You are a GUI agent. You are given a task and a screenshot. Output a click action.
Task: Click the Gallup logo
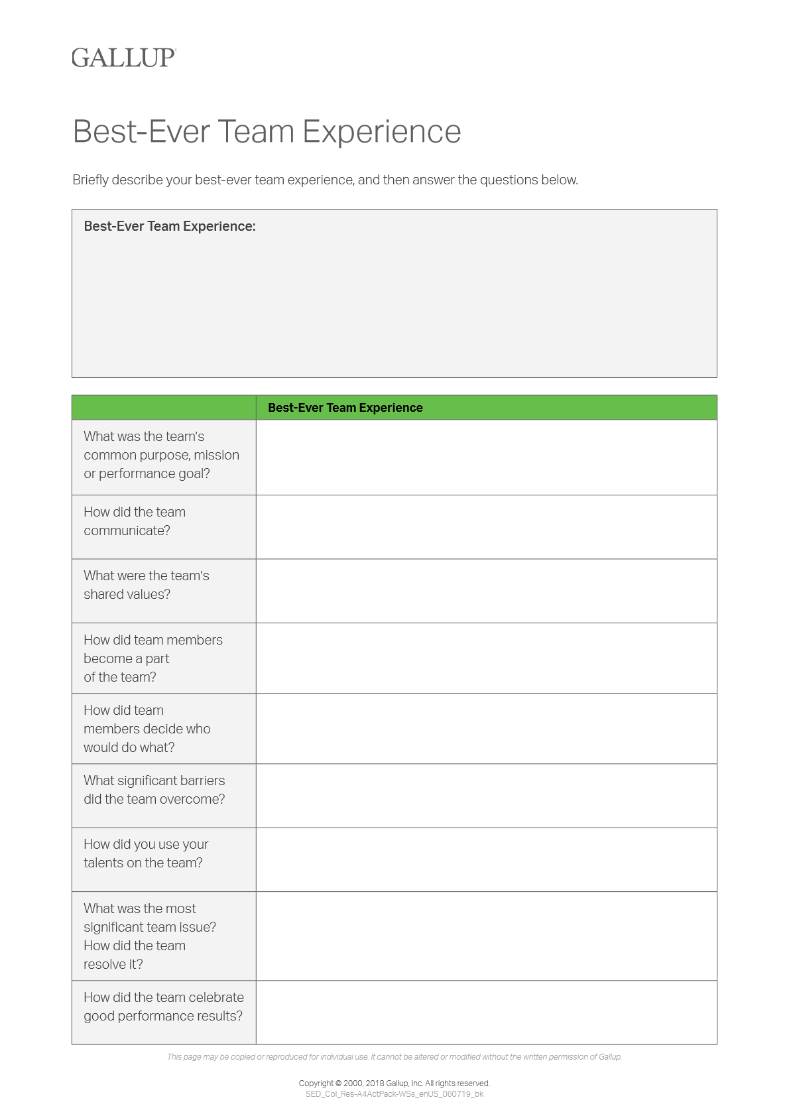coord(123,58)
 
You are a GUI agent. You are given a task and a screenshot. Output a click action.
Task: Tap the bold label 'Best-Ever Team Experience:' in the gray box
coord(170,226)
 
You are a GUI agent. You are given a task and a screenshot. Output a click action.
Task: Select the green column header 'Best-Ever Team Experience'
coord(345,408)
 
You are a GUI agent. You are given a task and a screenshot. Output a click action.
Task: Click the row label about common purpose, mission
coord(161,455)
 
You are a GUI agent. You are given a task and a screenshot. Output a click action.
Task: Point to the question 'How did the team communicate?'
coord(135,521)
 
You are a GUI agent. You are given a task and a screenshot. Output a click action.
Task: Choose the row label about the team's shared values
coord(146,585)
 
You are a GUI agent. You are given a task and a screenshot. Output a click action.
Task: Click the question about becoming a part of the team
coord(152,658)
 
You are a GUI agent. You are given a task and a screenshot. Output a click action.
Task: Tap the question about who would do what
coord(147,729)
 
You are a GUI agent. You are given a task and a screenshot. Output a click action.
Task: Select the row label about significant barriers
coord(154,790)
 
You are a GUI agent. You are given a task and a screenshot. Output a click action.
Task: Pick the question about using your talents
coord(146,853)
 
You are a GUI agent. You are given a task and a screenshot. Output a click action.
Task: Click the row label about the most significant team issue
coord(149,936)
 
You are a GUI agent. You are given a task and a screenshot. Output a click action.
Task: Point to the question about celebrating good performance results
coord(163,1007)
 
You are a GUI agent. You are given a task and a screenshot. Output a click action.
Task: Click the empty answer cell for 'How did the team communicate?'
coord(486,527)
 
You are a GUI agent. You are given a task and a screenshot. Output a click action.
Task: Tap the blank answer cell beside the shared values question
coord(486,591)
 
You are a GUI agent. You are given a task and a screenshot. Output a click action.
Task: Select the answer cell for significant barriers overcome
coord(486,796)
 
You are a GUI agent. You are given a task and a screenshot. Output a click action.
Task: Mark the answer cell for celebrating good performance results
coord(486,1013)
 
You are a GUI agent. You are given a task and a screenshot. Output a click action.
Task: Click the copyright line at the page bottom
coord(394,1084)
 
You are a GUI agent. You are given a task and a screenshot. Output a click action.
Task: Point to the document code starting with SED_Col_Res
coord(394,1094)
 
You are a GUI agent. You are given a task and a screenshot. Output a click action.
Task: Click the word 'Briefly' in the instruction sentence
coord(90,180)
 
